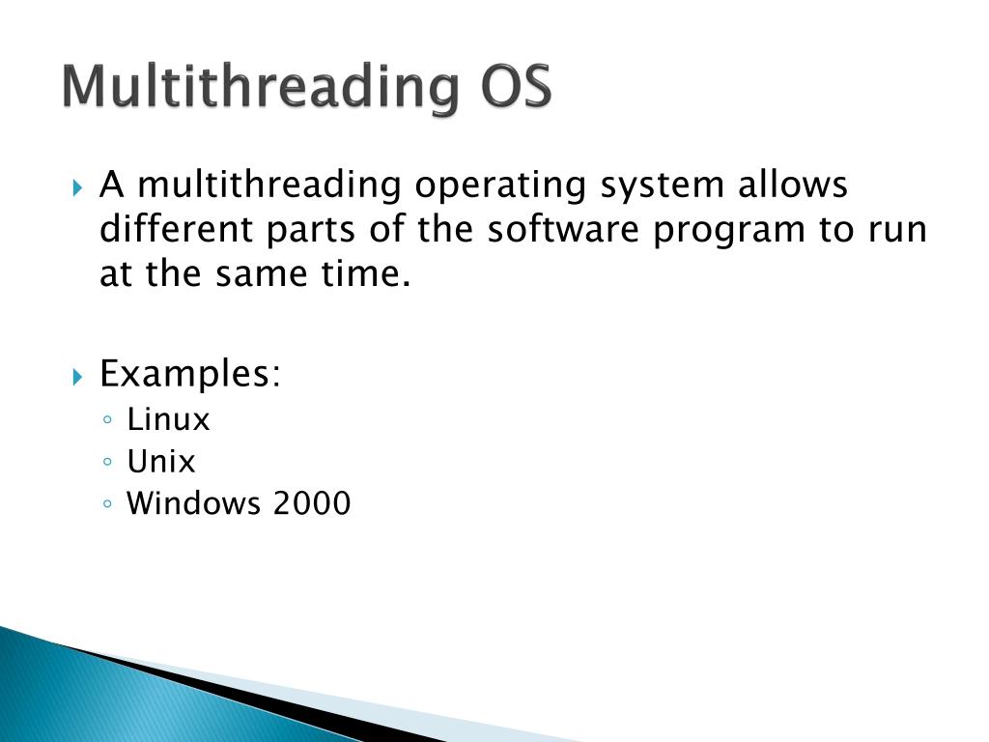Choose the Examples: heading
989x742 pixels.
190,374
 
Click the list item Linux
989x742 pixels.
168,419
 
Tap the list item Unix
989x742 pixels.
160,462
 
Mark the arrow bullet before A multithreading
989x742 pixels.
79,185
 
